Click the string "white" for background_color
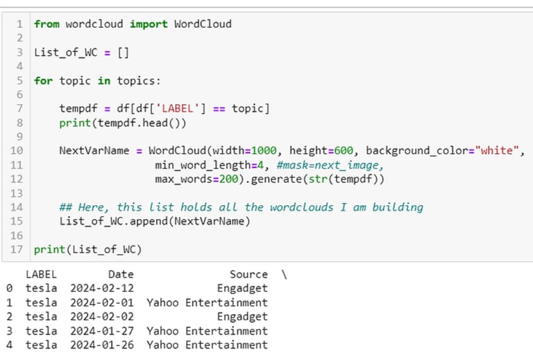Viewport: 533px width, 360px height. (498, 151)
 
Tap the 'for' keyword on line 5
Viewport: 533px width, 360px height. (43, 80)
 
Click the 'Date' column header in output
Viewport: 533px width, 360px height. (121, 275)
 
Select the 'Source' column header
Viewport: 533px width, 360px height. (248, 275)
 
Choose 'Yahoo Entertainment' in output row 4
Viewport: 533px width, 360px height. (207, 345)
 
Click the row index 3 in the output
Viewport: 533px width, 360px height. (9, 331)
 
